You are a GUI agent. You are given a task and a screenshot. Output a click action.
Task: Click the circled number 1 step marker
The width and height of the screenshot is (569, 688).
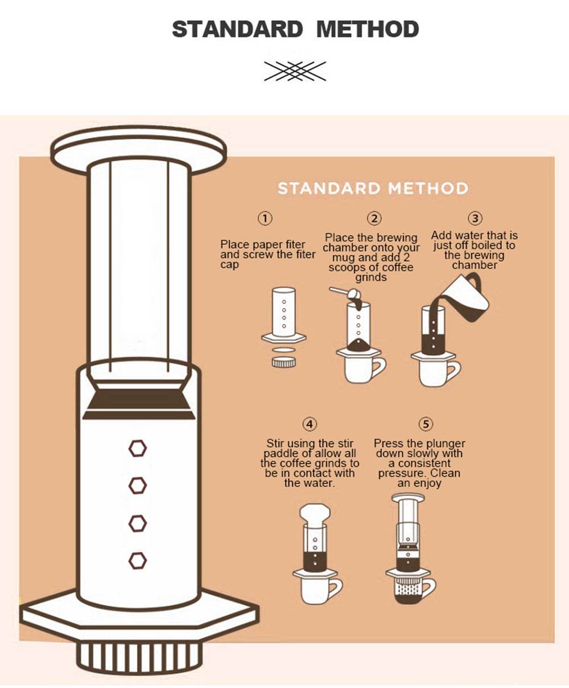pos(265,218)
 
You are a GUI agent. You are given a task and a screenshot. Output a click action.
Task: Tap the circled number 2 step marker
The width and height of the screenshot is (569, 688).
pos(374,218)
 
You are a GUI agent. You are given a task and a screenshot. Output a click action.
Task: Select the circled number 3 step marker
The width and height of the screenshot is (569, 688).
pos(475,218)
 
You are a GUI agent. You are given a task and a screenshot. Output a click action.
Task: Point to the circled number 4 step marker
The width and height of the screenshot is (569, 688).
pos(309,424)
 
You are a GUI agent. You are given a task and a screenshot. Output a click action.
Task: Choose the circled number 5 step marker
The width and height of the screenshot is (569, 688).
pos(426,424)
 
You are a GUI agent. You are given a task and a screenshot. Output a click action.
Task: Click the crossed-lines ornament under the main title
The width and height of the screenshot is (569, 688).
pos(295,71)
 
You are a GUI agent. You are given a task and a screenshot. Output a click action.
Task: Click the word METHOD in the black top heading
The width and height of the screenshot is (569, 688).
pos(368,28)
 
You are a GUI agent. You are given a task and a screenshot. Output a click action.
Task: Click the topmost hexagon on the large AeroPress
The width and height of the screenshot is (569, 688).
pos(137,448)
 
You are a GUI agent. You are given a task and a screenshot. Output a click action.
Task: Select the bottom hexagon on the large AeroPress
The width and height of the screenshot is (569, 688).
pos(137,560)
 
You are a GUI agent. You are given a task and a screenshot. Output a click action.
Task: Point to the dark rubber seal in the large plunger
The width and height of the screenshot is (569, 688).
pos(139,399)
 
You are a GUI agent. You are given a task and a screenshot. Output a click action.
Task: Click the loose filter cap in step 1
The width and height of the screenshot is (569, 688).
pos(284,362)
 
